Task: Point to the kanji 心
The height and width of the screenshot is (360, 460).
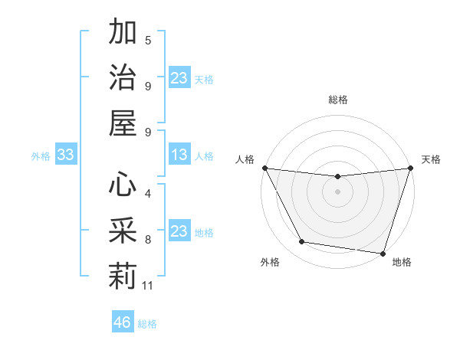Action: (123, 185)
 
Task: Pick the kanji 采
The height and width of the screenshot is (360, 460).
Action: (123, 230)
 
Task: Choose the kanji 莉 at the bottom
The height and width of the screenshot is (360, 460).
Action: (123, 275)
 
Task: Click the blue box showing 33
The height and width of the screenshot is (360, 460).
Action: (65, 155)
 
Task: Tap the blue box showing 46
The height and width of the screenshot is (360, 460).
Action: (123, 322)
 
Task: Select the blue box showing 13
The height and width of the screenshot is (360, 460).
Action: (179, 155)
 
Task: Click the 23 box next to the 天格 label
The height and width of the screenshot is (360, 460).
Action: (179, 77)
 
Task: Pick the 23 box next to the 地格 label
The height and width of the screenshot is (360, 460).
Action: (179, 231)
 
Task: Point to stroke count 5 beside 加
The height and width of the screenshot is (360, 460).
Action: (148, 40)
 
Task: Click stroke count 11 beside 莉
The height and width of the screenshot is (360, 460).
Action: (148, 286)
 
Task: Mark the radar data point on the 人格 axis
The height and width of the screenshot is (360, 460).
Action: (264, 168)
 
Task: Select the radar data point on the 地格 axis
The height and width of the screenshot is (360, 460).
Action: (383, 254)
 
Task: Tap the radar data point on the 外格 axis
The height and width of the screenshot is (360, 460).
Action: (301, 242)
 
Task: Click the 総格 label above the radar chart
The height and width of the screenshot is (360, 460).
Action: (337, 100)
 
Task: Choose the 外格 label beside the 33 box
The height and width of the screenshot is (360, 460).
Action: (41, 156)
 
